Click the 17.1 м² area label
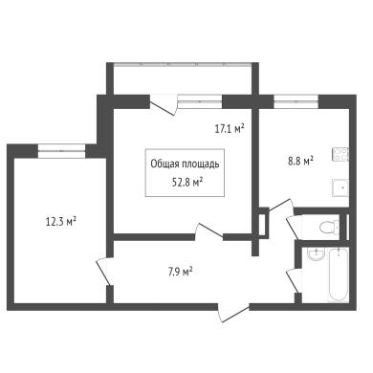(x=230, y=129)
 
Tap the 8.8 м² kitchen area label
(x=300, y=161)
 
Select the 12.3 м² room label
(x=61, y=221)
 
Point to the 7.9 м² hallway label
(x=180, y=272)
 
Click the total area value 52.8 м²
(x=187, y=183)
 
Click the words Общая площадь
(x=185, y=165)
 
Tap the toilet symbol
(x=329, y=228)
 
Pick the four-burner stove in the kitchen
(x=340, y=154)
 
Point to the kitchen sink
(x=340, y=187)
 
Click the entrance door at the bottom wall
(x=233, y=313)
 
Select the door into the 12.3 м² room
(x=104, y=271)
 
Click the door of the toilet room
(x=294, y=227)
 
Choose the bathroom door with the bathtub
(x=294, y=280)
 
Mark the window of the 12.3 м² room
(x=62, y=151)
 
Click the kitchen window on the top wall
(x=296, y=101)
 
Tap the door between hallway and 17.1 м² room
(x=208, y=231)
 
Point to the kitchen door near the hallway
(x=280, y=206)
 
